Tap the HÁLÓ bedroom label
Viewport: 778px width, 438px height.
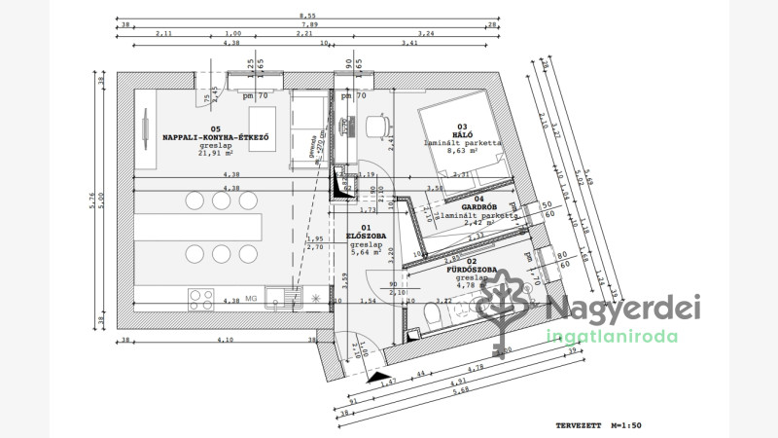point(462,134)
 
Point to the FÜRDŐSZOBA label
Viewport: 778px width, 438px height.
point(471,269)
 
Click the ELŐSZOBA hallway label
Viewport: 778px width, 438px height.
point(367,236)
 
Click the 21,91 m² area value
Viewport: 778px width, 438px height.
point(215,153)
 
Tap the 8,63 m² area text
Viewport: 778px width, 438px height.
point(462,151)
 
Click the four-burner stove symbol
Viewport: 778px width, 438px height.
point(201,297)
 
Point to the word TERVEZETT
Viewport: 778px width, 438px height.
point(577,425)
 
